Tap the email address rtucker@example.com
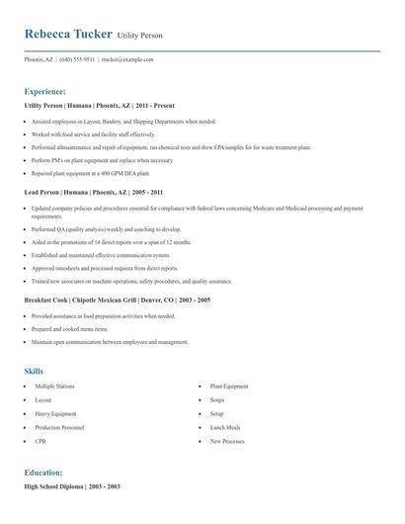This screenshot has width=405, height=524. tap(127, 59)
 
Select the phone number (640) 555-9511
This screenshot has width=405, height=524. tap(77, 59)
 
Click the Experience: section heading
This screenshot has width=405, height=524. tap(44, 90)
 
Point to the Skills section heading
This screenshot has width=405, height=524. tap(34, 371)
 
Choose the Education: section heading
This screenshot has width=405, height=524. tap(43, 473)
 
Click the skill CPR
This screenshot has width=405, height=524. tap(40, 441)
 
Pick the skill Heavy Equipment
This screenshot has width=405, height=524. tap(55, 413)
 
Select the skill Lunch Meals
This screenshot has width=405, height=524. tap(226, 427)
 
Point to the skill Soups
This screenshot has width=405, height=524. tap(217, 399)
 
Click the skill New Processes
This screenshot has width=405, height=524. tap(227, 441)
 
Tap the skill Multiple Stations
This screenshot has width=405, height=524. tap(56, 386)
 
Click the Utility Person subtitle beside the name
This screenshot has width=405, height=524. tap(139, 36)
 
